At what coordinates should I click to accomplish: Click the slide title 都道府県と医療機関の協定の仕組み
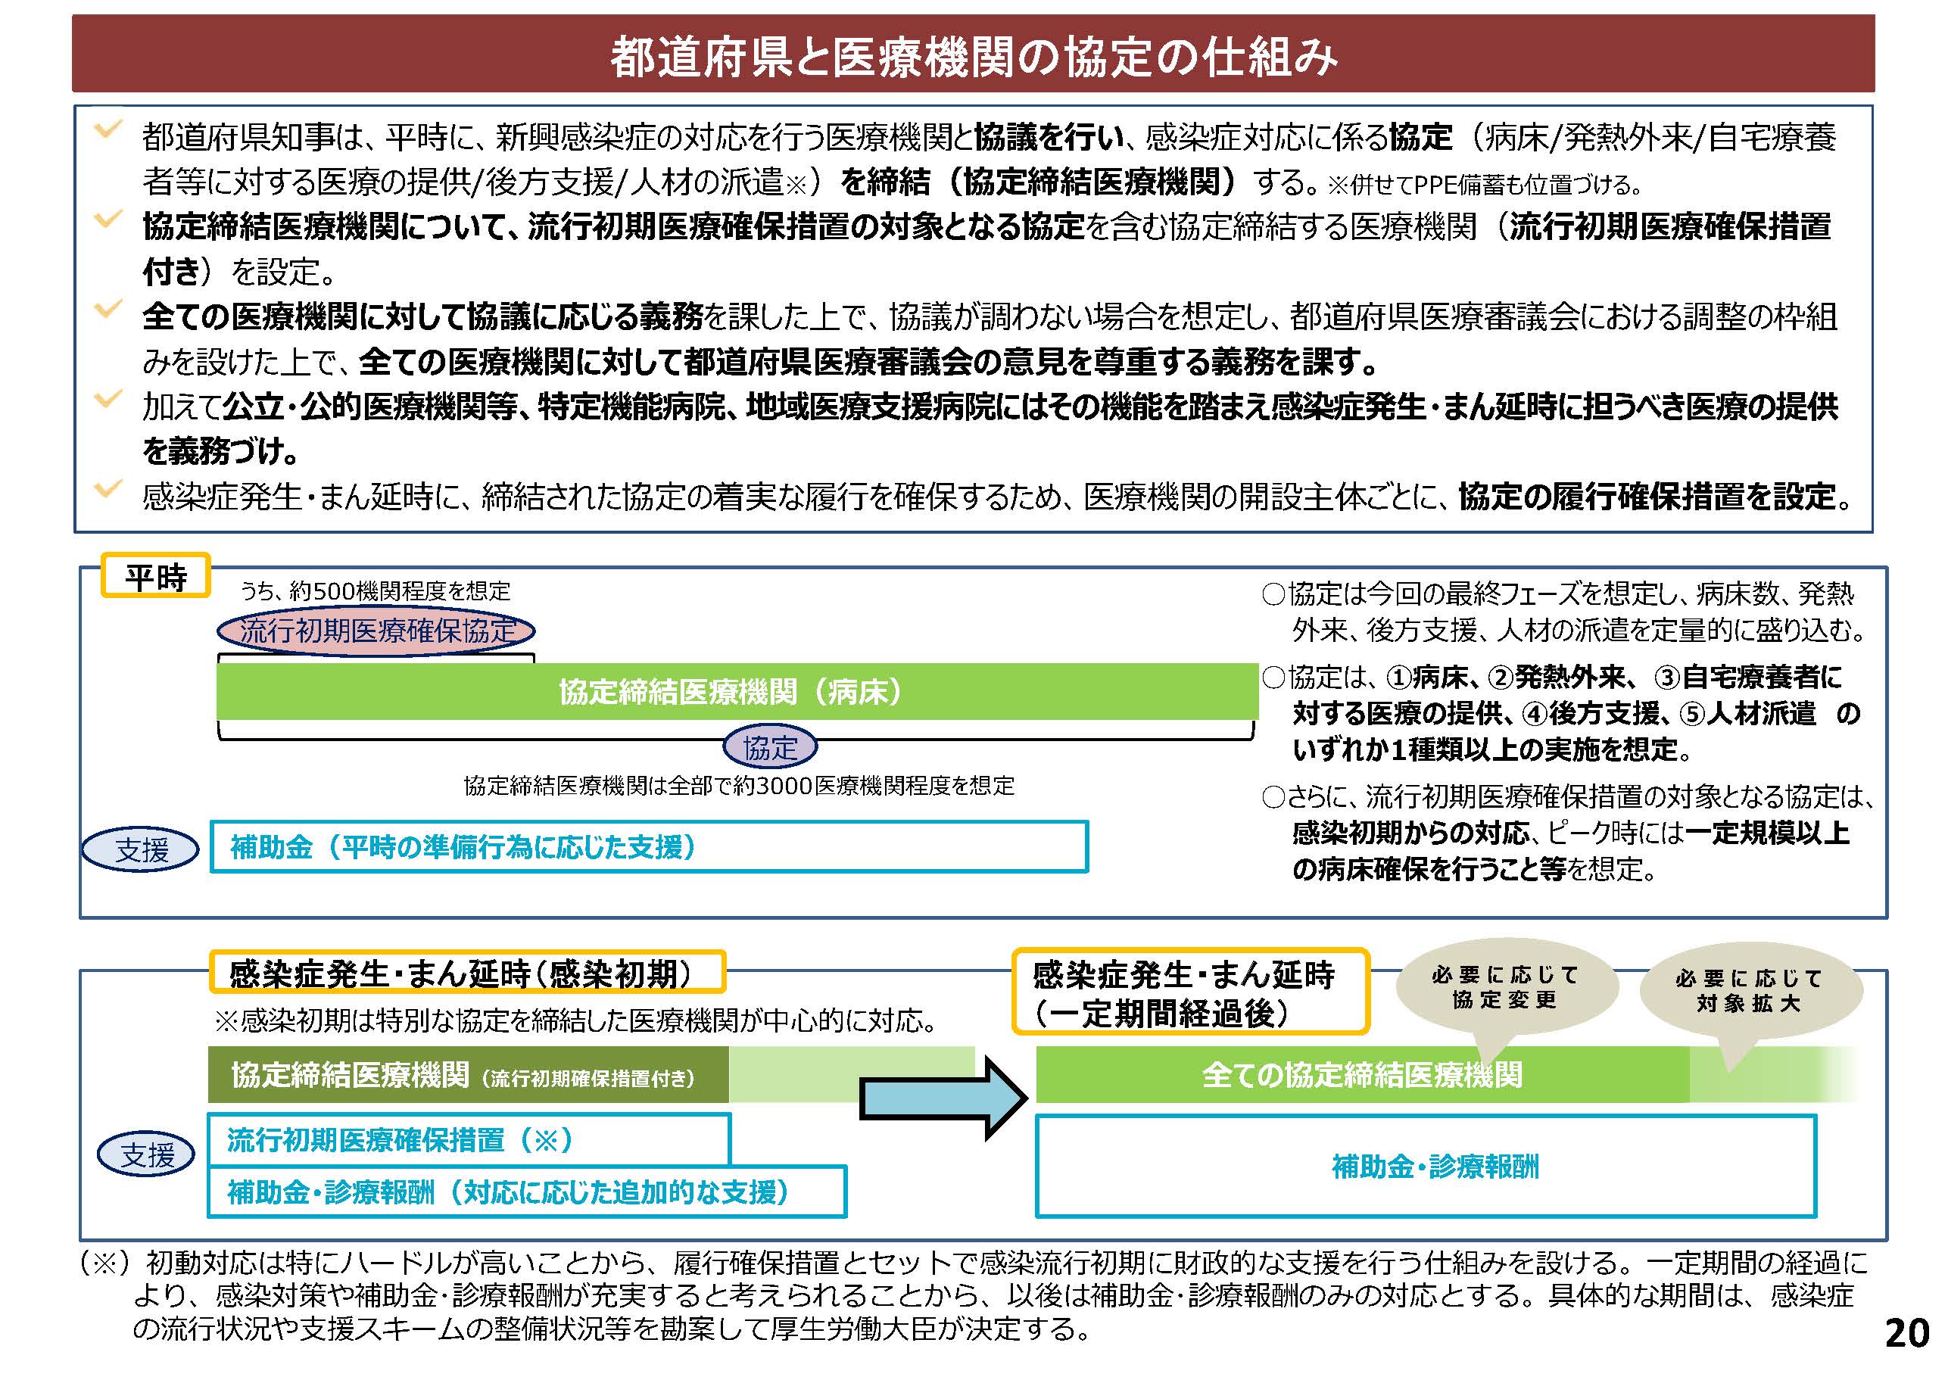point(973,55)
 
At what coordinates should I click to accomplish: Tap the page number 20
point(1906,1333)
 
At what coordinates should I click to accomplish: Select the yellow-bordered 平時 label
point(155,577)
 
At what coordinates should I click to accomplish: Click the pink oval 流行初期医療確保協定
point(376,631)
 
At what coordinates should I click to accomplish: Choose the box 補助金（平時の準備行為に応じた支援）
point(648,847)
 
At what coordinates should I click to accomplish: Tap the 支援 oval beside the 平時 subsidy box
point(141,849)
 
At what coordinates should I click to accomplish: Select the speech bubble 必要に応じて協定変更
point(1505,989)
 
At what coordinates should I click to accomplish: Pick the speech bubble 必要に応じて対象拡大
point(1750,991)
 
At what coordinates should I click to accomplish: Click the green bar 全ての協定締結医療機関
point(1362,1074)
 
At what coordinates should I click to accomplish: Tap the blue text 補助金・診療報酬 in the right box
point(1435,1167)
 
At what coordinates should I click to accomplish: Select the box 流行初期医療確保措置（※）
point(469,1139)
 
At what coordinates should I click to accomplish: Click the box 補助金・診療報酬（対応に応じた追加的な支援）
point(526,1192)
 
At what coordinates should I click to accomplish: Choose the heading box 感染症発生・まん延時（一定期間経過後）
point(1189,992)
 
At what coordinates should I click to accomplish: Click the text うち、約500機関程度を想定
point(375,591)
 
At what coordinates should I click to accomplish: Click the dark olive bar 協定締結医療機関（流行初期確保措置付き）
point(469,1075)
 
